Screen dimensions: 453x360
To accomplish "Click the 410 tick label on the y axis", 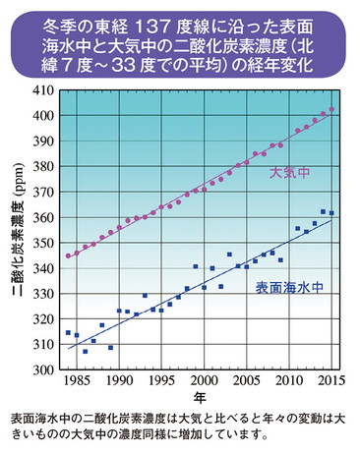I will pos(40,89).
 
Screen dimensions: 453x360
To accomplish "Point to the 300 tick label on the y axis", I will pos(40,370).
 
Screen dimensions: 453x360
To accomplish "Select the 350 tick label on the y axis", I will pos(40,243).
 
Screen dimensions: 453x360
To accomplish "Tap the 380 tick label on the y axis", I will pos(40,166).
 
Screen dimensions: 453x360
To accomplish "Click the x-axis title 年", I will pos(199,397).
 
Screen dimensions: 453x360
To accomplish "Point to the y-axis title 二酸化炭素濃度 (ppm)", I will pos(17,230).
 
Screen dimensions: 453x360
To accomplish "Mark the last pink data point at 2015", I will pos(331,109).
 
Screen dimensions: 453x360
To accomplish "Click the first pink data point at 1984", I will pos(68,255).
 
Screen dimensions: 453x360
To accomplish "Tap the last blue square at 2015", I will pos(331,212).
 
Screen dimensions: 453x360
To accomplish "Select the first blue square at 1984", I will pos(68,333).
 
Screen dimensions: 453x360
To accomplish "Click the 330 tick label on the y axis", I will pos(40,294).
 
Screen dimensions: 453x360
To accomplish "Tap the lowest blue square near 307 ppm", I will pos(85,351).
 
